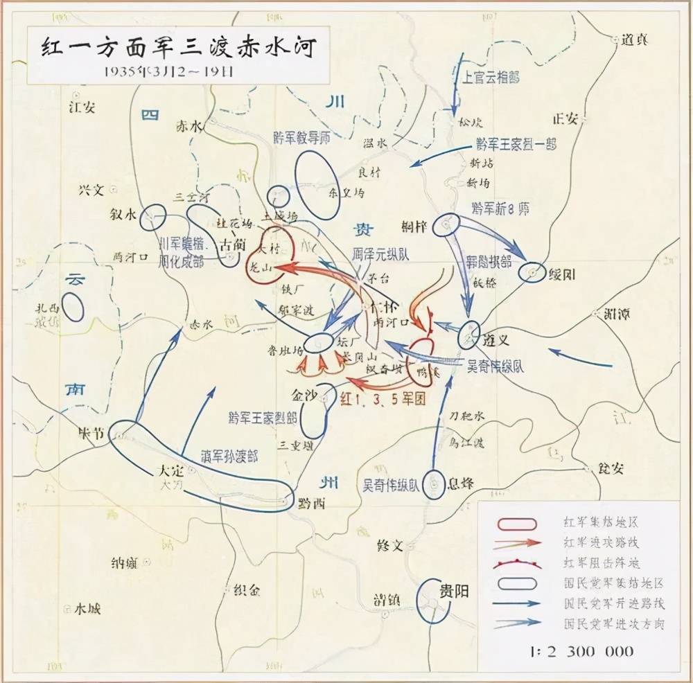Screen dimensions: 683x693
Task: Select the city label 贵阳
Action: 454,590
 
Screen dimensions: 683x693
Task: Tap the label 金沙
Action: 305,396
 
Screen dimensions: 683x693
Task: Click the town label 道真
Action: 634,39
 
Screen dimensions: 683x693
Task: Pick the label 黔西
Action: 313,504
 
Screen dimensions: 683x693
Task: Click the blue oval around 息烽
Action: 434,485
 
